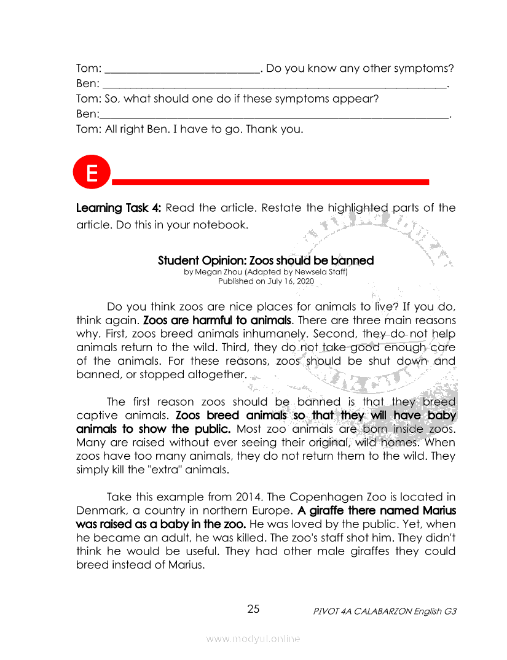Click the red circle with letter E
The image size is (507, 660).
pos(92,173)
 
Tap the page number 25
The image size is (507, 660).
pos(253,609)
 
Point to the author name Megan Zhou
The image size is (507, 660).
pos(218,271)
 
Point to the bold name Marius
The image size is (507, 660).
pos(439,510)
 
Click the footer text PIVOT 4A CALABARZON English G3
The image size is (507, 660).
pos(385,611)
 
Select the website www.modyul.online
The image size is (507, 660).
pos(253,639)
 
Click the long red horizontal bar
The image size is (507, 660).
pos(270,182)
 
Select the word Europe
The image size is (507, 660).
pos(265,510)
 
